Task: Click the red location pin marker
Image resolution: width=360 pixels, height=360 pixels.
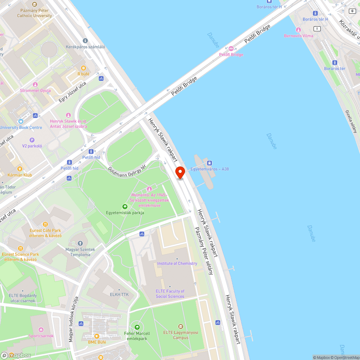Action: click(180, 172)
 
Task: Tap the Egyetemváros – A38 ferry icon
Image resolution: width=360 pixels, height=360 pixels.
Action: click(210, 163)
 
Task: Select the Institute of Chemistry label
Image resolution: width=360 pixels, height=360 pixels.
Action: click(177, 264)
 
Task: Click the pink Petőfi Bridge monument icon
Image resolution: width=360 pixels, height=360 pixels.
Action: click(231, 49)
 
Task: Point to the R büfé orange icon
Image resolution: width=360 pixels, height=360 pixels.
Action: click(84, 68)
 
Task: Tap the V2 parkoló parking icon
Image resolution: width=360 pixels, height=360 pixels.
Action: click(32, 140)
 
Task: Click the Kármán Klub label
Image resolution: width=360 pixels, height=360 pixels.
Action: click(19, 175)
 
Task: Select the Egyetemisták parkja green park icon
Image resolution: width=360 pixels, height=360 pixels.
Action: click(125, 206)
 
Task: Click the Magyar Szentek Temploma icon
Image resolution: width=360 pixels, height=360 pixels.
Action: click(80, 243)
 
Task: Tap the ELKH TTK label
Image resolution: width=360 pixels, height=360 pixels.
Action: click(119, 294)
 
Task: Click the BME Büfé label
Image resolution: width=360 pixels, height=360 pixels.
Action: click(97, 342)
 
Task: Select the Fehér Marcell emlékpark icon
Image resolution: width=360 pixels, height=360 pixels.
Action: click(137, 327)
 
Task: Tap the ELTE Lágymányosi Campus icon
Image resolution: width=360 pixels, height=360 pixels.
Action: click(180, 327)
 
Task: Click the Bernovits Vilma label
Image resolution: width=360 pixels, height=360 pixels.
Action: click(298, 36)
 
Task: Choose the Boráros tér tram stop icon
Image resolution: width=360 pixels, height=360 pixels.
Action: click(334, 62)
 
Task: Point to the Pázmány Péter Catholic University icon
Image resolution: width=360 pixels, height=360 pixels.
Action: click(35, 4)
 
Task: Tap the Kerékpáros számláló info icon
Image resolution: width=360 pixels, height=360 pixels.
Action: click(85, 41)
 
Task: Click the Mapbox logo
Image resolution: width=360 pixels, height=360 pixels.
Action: click(16, 355)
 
